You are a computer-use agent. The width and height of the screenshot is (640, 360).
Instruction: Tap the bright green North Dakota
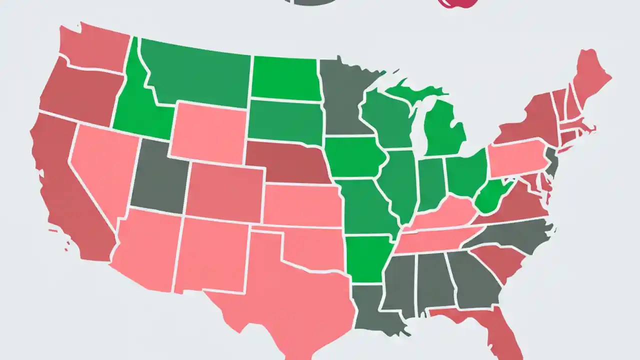coord(284,78)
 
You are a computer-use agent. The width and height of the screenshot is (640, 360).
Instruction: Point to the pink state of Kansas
coord(302,205)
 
